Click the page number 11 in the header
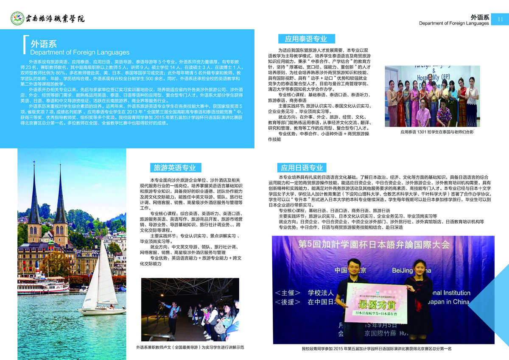[500, 19]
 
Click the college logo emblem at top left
[17, 19]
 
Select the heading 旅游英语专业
[175, 168]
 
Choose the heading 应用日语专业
[302, 167]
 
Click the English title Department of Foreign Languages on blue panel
[79, 53]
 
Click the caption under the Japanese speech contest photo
[377, 349]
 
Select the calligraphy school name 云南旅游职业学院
[55, 19]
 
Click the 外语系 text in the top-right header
[480, 17]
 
